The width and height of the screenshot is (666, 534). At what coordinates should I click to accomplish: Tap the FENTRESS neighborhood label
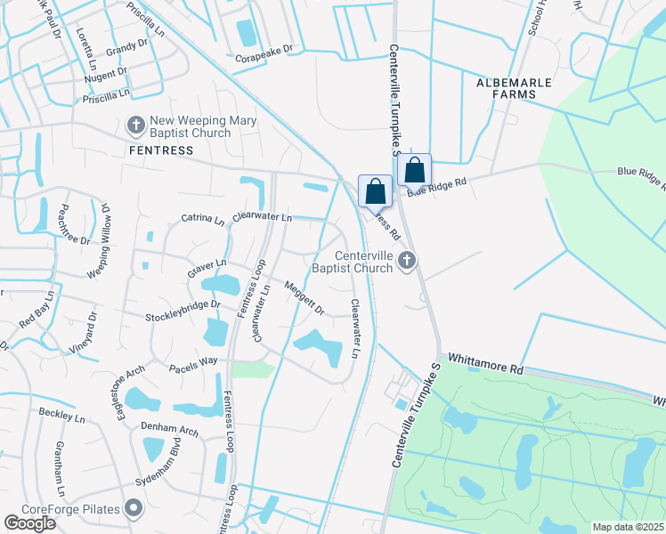click(161, 150)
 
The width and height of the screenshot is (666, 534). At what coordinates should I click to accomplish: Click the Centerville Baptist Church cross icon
click(407, 260)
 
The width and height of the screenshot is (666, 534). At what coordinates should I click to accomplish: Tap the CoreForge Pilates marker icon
click(134, 509)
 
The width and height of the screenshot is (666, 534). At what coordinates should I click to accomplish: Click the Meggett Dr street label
click(305, 296)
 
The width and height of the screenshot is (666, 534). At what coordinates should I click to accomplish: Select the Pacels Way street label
click(194, 362)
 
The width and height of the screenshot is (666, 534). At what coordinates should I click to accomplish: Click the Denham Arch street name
click(169, 428)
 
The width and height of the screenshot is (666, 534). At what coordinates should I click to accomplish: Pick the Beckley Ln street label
click(61, 415)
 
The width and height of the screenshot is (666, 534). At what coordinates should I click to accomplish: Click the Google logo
click(29, 523)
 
